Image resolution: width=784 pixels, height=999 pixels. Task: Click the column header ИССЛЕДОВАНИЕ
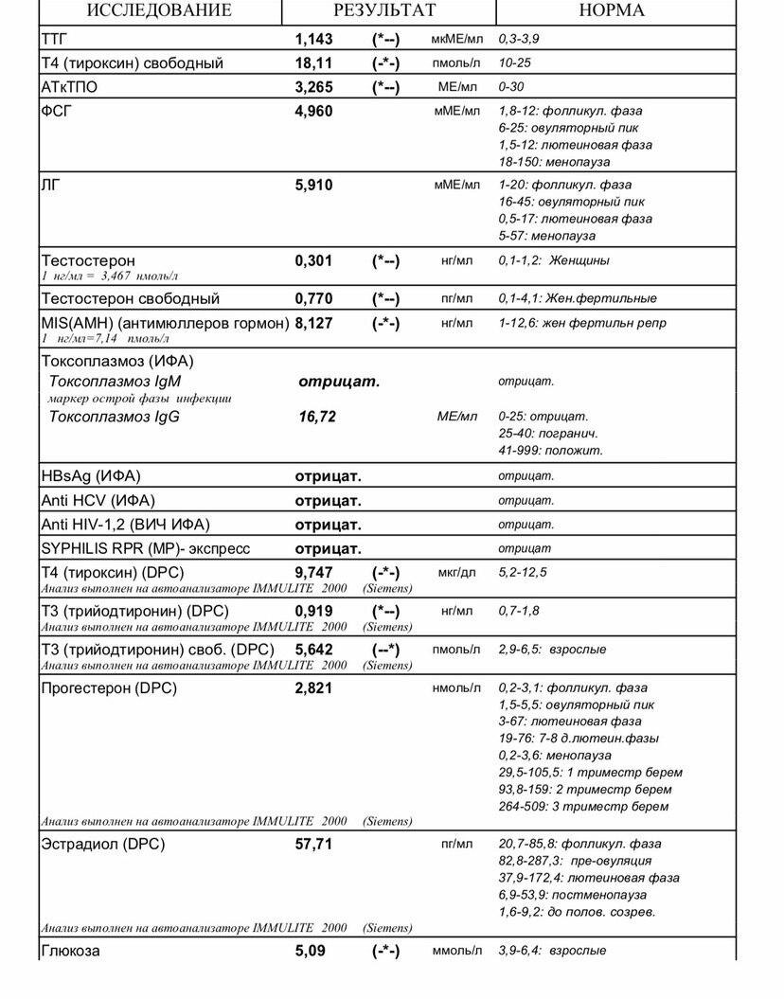click(x=159, y=10)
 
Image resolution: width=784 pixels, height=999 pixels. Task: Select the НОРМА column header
click(x=611, y=10)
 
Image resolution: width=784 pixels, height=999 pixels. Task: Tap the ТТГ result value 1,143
click(x=314, y=39)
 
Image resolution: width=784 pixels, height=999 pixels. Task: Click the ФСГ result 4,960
click(x=314, y=112)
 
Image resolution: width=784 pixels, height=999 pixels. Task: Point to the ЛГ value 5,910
click(x=314, y=186)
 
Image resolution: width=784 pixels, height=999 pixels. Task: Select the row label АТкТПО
click(x=69, y=87)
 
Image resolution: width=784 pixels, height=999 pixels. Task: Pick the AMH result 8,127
click(x=314, y=323)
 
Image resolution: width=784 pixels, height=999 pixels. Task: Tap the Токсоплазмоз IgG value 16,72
click(x=317, y=417)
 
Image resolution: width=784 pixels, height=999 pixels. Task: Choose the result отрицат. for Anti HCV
click(x=329, y=500)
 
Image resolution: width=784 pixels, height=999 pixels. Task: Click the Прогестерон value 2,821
click(x=314, y=688)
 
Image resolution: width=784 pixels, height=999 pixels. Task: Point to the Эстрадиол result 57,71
click(x=314, y=844)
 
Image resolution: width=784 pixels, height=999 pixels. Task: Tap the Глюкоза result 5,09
click(x=310, y=951)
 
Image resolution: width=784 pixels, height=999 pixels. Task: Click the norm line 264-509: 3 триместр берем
click(x=583, y=807)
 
